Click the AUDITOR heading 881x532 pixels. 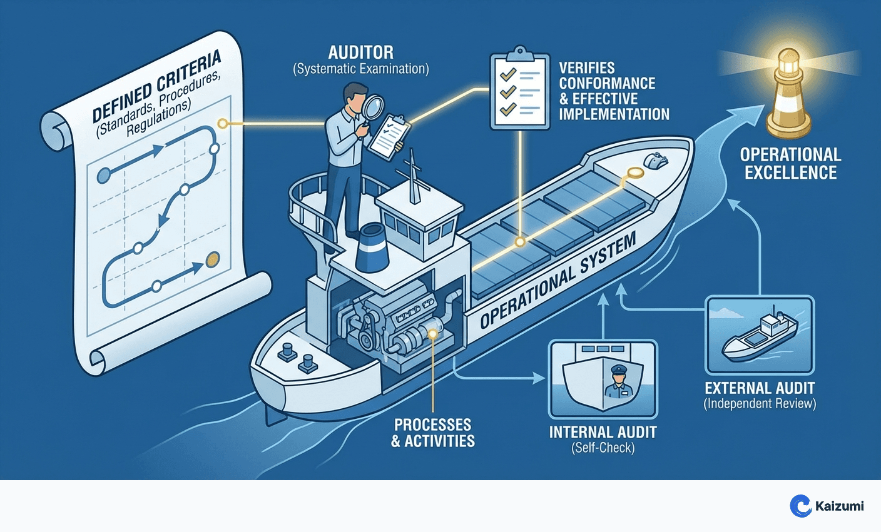pos(360,52)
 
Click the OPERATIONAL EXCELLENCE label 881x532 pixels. pos(790,163)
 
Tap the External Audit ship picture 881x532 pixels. pos(760,336)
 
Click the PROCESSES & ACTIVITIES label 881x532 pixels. pos(433,433)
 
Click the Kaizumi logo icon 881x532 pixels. pos(800,506)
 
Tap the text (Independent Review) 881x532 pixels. pos(760,404)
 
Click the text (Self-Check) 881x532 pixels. pos(603,448)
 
